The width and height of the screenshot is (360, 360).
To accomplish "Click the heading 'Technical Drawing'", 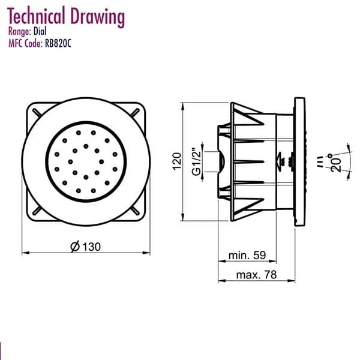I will coord(65,17).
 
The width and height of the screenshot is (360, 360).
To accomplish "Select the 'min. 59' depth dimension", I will coord(247,256).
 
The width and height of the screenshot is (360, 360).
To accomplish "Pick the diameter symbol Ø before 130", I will coord(74,246).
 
